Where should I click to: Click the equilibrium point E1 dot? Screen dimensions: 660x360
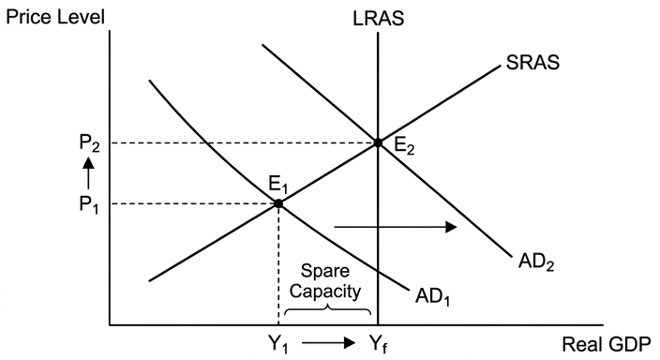pyautogui.click(x=278, y=203)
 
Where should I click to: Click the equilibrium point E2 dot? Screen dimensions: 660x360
pyautogui.click(x=378, y=143)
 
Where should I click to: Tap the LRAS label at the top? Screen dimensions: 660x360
pyautogui.click(x=379, y=19)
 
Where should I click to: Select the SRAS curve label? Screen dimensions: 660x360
pyautogui.click(x=532, y=62)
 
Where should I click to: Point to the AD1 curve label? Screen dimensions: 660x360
pyautogui.click(x=433, y=297)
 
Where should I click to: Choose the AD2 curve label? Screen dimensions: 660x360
pyautogui.click(x=536, y=262)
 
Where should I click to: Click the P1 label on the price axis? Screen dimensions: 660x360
pyautogui.click(x=89, y=205)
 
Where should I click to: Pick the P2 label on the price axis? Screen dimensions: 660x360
pyautogui.click(x=90, y=144)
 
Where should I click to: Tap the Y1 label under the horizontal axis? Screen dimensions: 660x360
pyautogui.click(x=278, y=344)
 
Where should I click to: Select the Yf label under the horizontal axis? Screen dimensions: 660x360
pyautogui.click(x=379, y=343)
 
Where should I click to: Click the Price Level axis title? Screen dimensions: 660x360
pyautogui.click(x=55, y=17)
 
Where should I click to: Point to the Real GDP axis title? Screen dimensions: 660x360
pyautogui.click(x=607, y=344)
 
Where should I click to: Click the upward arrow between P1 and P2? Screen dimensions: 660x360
pyautogui.click(x=88, y=172)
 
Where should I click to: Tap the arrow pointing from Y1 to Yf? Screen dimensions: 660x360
pyautogui.click(x=329, y=343)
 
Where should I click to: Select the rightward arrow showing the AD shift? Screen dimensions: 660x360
pyautogui.click(x=396, y=228)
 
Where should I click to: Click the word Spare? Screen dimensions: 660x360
pyautogui.click(x=325, y=272)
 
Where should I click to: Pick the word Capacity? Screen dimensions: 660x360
pyautogui.click(x=325, y=292)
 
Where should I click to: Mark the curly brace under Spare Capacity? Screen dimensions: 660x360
pyautogui.click(x=327, y=310)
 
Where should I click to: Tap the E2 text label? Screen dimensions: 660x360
pyautogui.click(x=404, y=146)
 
